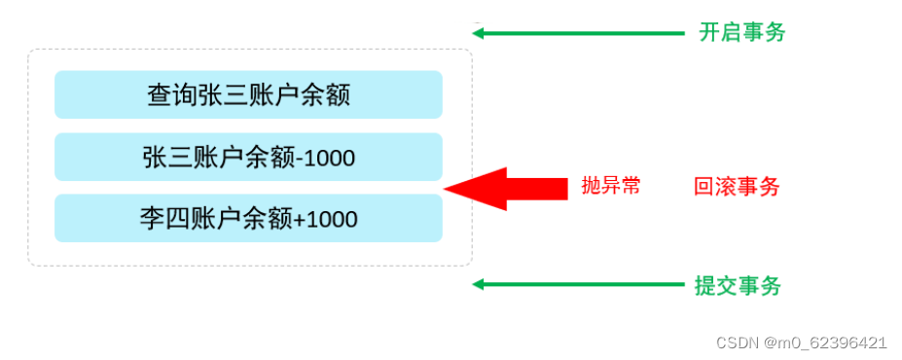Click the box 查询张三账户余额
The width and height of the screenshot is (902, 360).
[248, 94]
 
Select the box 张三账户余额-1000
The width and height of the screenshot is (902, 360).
[248, 157]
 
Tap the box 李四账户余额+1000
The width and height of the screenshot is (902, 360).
[248, 218]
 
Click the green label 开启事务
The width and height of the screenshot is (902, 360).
[741, 32]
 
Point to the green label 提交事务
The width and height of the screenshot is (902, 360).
[738, 285]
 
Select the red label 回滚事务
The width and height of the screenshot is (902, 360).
[737, 187]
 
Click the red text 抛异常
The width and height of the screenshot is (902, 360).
[611, 186]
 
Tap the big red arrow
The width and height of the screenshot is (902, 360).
[506, 188]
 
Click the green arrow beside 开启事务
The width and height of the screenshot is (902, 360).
[579, 33]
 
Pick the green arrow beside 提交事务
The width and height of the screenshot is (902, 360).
[579, 284]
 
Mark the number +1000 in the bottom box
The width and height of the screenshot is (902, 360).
[325, 219]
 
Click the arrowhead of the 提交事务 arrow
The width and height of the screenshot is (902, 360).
[478, 284]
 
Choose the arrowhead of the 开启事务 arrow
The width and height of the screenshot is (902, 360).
[478, 33]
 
